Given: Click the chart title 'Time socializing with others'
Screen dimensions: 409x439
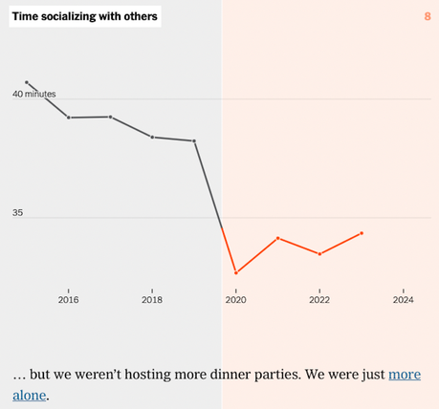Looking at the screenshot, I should click(85, 16).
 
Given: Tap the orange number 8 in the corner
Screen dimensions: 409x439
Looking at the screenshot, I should click(427, 16).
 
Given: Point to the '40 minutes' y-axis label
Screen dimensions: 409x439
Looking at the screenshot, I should click(34, 94).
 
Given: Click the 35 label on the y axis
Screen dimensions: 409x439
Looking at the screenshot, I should click(17, 213).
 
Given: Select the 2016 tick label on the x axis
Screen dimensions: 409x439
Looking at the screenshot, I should click(68, 300).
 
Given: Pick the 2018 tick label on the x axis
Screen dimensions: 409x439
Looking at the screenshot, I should click(152, 300).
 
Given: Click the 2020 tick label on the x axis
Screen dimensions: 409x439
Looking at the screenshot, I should click(235, 300).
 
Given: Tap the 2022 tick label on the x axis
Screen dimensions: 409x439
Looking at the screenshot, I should click(319, 300).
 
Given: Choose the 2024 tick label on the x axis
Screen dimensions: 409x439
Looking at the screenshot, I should click(404, 300).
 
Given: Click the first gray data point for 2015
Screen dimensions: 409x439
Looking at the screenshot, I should click(27, 82).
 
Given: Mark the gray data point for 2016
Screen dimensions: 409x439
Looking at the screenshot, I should click(69, 118).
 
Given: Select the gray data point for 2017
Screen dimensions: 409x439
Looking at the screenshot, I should click(111, 117).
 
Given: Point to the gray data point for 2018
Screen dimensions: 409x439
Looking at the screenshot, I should click(152, 137).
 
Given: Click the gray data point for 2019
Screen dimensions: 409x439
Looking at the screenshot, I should click(194, 140).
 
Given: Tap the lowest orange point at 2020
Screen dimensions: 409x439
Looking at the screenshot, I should click(235, 273).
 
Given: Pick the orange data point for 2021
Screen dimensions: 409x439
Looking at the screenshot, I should click(277, 238).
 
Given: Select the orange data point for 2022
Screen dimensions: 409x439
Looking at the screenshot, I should click(319, 254).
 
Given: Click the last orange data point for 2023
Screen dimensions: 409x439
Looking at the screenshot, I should click(362, 233).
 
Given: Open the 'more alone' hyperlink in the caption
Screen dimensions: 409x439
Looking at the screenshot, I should click(403, 374).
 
